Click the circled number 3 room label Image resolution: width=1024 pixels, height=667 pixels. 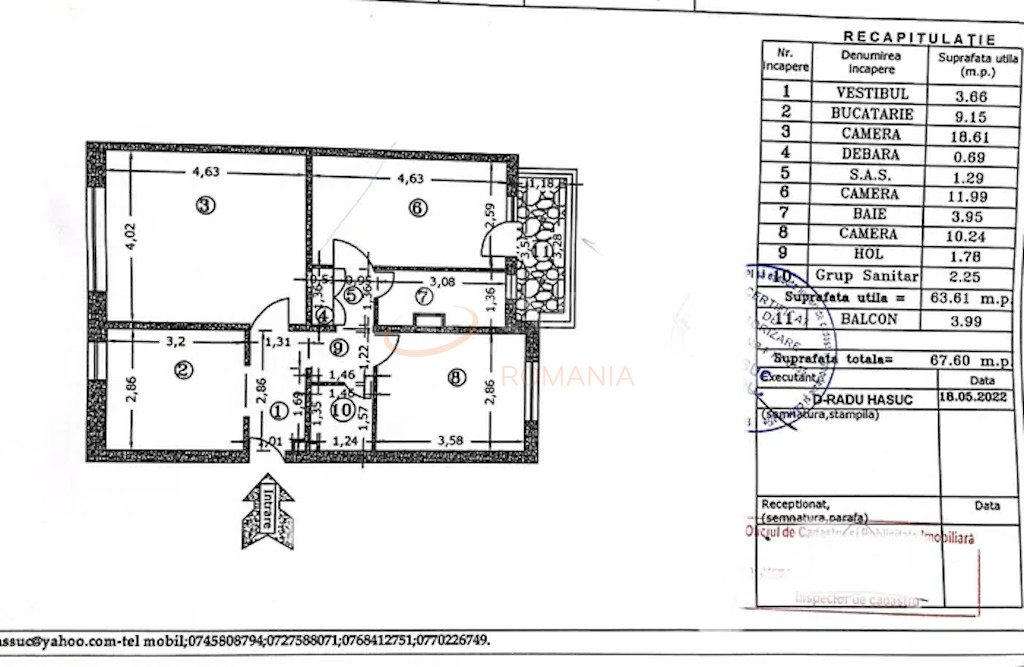tap(204, 207)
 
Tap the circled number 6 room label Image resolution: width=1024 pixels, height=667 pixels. tap(417, 208)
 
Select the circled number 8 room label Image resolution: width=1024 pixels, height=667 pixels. tap(457, 378)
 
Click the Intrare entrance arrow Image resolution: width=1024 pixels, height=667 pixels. tap(267, 513)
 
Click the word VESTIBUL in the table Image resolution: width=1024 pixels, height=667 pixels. tap(872, 93)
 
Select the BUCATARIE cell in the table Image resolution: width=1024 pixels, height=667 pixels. tap(872, 114)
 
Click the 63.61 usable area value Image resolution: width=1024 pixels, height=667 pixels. tap(962, 298)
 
